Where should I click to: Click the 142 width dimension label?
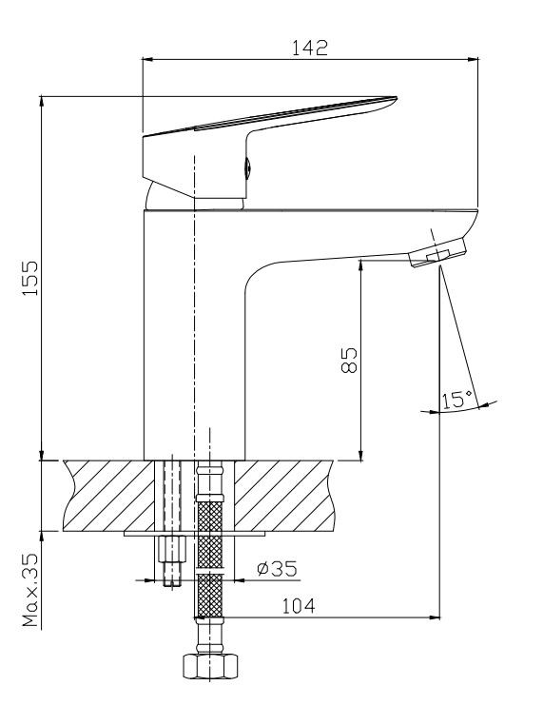click(x=310, y=48)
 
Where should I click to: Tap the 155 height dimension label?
click(x=30, y=279)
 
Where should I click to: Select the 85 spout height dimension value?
click(x=349, y=361)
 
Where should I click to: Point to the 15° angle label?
click(x=457, y=400)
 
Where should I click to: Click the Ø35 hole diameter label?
click(x=278, y=569)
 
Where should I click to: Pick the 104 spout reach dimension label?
click(x=299, y=606)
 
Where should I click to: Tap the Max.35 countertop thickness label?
click(x=31, y=590)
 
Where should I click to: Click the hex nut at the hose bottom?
click(x=210, y=666)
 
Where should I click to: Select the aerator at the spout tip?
click(x=438, y=252)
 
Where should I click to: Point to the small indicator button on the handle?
click(x=247, y=167)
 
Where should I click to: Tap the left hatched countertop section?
click(x=109, y=496)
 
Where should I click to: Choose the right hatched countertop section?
click(x=283, y=496)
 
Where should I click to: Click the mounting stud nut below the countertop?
click(x=172, y=549)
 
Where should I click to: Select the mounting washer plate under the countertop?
click(x=195, y=534)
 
